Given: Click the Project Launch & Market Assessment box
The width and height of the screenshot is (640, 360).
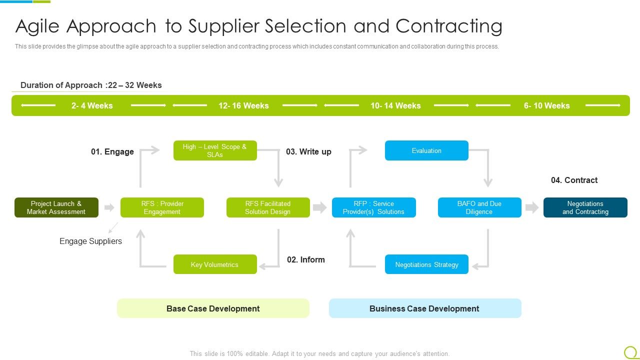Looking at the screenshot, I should click(x=56, y=207).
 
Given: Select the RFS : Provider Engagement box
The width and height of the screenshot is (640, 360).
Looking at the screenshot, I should click(x=162, y=207).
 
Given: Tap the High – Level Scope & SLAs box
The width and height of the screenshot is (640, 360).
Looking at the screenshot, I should click(x=215, y=150).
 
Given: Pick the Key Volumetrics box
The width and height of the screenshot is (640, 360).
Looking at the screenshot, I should click(x=215, y=264).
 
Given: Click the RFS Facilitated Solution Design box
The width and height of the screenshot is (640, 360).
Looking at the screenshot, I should click(x=268, y=207).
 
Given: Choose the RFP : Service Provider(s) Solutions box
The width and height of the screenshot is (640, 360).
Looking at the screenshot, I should click(x=373, y=207).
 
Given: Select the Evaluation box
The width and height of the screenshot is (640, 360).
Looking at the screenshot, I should click(x=426, y=150).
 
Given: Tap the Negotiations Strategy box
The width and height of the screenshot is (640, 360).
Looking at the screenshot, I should click(x=426, y=264).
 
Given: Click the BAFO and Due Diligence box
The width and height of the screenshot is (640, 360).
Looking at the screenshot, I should click(x=479, y=207).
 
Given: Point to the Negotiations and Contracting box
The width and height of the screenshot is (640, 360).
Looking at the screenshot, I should click(x=585, y=207).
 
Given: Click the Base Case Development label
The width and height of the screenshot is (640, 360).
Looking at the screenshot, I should click(x=213, y=308).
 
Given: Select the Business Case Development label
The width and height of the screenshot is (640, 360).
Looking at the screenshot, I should click(x=424, y=308).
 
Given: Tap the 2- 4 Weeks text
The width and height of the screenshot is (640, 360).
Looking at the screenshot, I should click(x=92, y=105).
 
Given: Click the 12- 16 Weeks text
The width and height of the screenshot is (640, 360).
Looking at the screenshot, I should click(x=243, y=105).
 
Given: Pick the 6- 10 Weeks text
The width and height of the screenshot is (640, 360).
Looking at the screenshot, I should click(x=546, y=105).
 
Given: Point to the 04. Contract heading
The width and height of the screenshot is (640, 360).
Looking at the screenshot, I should click(x=574, y=180).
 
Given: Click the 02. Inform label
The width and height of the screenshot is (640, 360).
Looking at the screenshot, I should click(x=306, y=259).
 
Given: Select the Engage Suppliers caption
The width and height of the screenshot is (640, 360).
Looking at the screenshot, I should click(x=90, y=241).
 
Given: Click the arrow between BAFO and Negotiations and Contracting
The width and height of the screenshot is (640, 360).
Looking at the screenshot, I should click(x=532, y=207).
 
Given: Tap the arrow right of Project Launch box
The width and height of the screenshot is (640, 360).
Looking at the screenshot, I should click(x=109, y=207).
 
